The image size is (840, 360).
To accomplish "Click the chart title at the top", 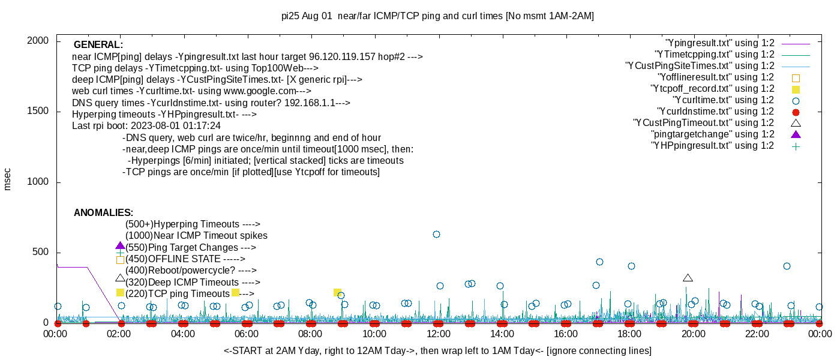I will tap(437, 16).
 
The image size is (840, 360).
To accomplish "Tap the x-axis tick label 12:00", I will tap(438, 334).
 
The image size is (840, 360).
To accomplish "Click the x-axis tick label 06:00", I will tap(247, 334).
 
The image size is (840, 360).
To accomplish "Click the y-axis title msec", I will tap(8, 179).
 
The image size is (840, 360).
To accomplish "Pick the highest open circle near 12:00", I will tap(436, 235).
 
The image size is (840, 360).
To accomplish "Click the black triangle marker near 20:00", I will tap(688, 278).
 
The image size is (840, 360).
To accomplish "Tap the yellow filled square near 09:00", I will tap(337, 292).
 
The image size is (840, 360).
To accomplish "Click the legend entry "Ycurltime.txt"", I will tap(723, 100).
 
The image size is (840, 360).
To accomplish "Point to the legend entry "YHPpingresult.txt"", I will tap(712, 146).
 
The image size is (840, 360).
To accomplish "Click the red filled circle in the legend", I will tap(796, 112).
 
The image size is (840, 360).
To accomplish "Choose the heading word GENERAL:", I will tap(98, 45).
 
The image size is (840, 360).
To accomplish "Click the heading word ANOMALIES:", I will tap(103, 213).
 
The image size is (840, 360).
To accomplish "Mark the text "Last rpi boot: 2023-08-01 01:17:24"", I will tap(146, 126).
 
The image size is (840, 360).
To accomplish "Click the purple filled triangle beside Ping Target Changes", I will tap(120, 246).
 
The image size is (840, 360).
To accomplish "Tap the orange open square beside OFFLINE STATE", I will tap(120, 260).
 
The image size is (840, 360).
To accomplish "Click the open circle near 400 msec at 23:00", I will tap(787, 266).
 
